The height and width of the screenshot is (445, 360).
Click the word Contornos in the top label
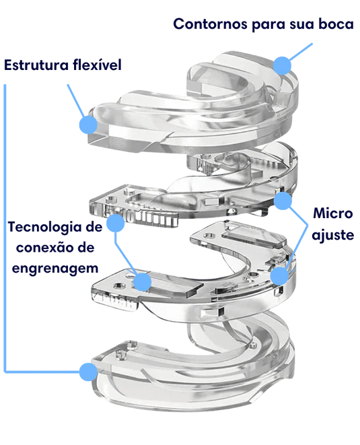(210, 24)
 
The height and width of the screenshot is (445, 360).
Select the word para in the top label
(268, 25)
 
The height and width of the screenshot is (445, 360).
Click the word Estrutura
(36, 65)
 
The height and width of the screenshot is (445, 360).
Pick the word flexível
(97, 65)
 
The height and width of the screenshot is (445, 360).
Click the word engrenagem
(55, 269)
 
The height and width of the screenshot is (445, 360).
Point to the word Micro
(333, 213)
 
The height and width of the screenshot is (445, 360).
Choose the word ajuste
(333, 235)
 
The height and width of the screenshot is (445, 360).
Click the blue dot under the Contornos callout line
(282, 65)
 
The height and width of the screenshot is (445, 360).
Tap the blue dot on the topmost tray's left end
(88, 125)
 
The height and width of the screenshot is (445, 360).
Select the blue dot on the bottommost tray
(88, 372)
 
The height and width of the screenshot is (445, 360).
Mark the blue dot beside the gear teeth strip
(116, 223)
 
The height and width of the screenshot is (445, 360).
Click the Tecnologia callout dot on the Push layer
(142, 282)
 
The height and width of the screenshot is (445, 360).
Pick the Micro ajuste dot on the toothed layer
(283, 201)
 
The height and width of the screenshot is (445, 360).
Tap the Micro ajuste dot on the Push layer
(279, 275)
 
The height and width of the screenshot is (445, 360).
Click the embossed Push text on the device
(117, 302)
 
